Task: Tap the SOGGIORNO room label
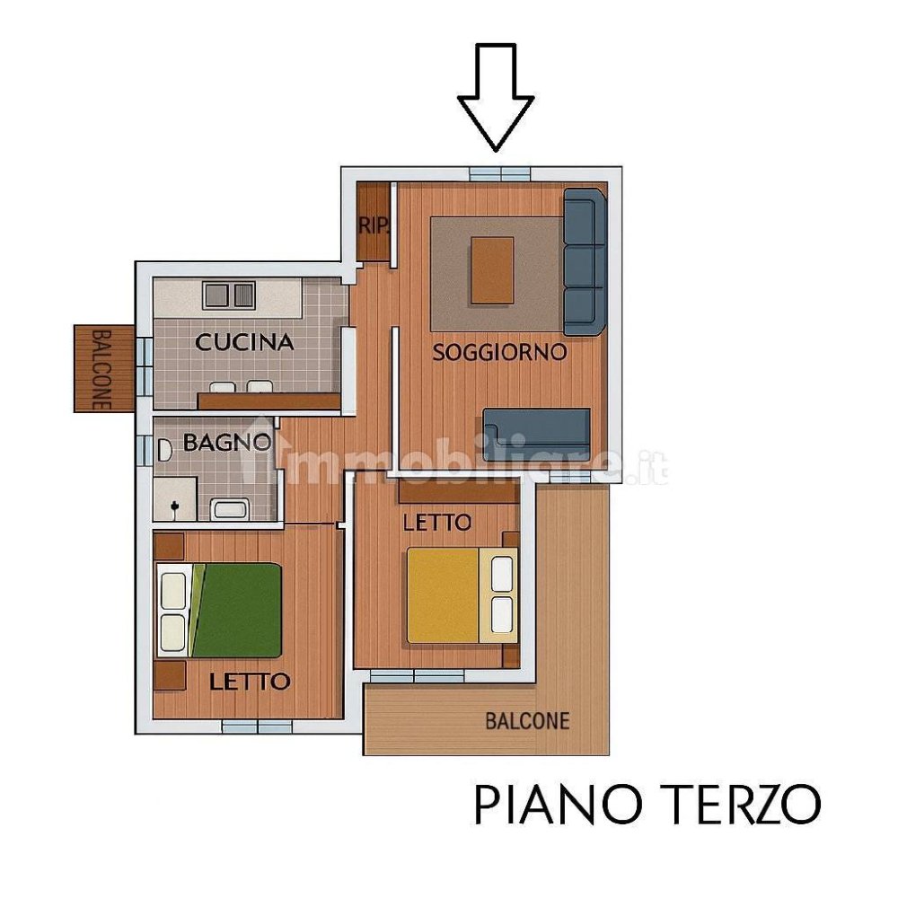point(499,352)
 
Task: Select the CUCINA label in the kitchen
point(244,342)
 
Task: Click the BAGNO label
point(226,442)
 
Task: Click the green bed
point(235,610)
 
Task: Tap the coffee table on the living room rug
point(492,270)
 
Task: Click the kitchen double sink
point(229,295)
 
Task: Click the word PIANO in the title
point(552,805)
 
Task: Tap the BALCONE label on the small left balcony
point(101,369)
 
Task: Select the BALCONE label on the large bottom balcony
point(527,720)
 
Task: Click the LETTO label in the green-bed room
point(250,682)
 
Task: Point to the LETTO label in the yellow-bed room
point(436,522)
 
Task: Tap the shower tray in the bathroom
point(174,498)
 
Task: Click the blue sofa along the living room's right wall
point(584,261)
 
